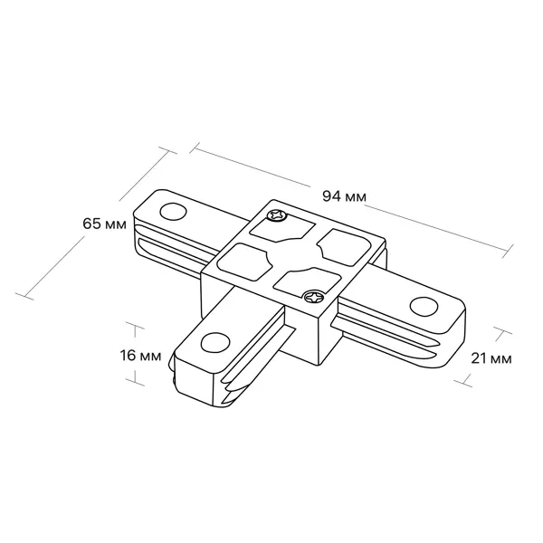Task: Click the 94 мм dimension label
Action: (x=344, y=196)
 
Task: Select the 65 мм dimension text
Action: (x=105, y=224)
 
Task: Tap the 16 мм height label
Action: (x=140, y=356)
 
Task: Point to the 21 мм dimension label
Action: (x=491, y=358)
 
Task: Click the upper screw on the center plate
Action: (x=277, y=215)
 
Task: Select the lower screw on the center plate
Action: (x=314, y=297)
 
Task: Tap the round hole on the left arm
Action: (x=173, y=211)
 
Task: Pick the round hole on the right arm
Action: (x=424, y=306)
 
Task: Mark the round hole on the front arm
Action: (x=215, y=342)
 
